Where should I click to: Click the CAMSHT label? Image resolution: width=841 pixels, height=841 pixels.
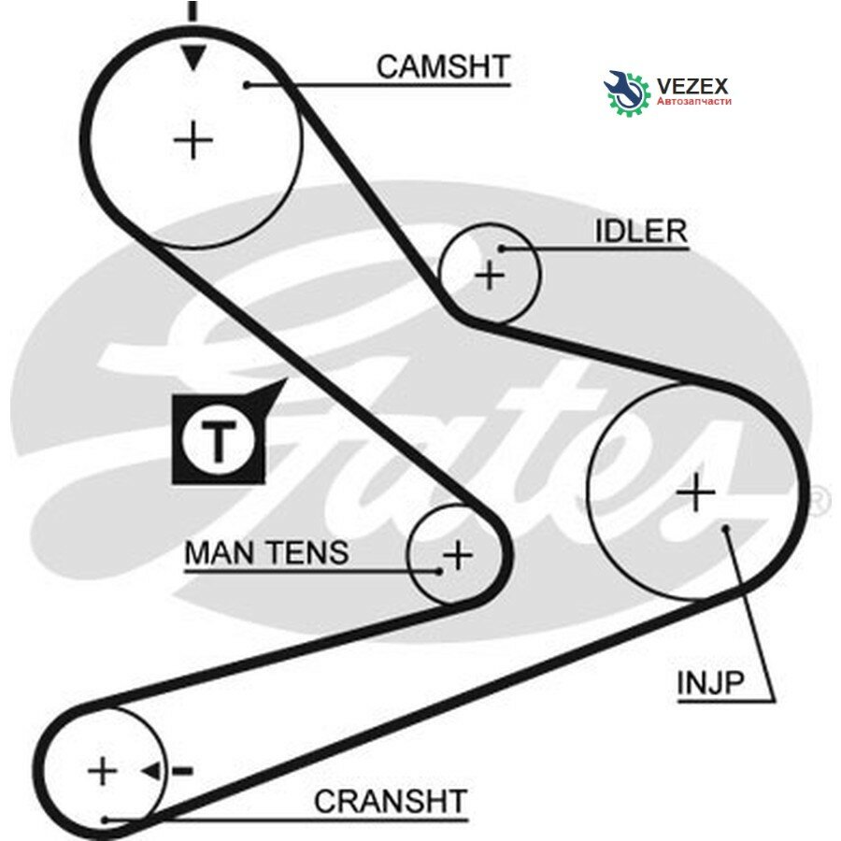(x=443, y=67)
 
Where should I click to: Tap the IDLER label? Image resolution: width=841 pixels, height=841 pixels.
(x=641, y=231)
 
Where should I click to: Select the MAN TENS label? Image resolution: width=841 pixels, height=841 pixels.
(x=266, y=552)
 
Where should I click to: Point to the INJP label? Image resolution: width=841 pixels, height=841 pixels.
(x=710, y=683)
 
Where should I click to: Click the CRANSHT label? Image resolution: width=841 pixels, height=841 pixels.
(x=391, y=802)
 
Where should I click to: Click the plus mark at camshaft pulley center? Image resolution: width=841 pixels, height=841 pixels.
(x=193, y=140)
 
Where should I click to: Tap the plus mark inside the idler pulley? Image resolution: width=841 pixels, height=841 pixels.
(x=490, y=276)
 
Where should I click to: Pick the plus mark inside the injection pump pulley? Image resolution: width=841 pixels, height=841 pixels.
(x=695, y=492)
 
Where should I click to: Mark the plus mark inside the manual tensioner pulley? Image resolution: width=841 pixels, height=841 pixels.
(x=458, y=554)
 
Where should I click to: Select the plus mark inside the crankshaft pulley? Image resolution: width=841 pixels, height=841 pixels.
(x=102, y=771)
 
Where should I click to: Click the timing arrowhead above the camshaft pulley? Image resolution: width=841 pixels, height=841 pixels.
(x=193, y=57)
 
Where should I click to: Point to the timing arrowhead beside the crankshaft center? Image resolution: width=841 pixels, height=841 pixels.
(x=151, y=772)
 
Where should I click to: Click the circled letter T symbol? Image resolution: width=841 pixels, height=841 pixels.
(x=218, y=441)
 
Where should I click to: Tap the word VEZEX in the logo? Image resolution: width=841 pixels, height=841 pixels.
(x=692, y=86)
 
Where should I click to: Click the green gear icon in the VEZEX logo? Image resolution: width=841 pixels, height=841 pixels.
(x=626, y=93)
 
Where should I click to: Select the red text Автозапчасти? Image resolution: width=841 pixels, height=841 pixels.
(x=694, y=101)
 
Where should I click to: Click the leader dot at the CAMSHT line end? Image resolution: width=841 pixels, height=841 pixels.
(x=247, y=85)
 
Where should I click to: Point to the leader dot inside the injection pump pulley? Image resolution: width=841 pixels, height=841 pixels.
(x=726, y=528)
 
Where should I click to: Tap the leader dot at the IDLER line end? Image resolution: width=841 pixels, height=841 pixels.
(x=502, y=249)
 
